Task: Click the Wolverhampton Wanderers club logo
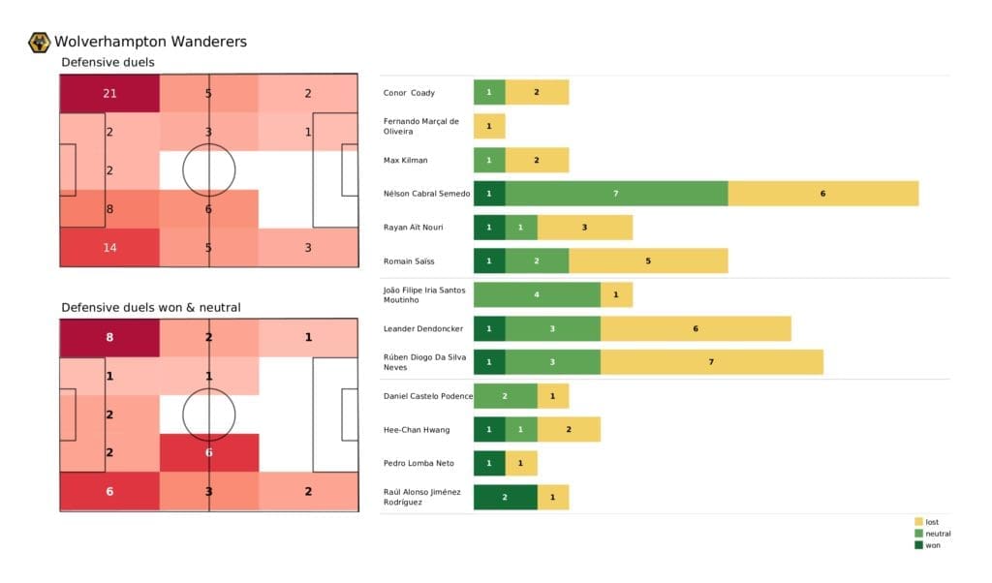point(40,42)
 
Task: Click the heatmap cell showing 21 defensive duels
point(108,93)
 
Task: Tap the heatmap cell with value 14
point(108,247)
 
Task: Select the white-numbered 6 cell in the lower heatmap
point(209,452)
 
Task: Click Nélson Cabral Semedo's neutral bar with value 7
point(616,194)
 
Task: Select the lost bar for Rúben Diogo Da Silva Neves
point(711,362)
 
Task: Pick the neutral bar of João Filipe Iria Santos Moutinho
point(537,295)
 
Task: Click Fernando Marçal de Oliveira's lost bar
point(489,127)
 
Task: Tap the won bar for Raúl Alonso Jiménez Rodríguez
point(505,497)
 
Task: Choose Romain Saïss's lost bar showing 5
point(647,261)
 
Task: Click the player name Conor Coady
point(409,93)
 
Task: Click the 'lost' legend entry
point(931,522)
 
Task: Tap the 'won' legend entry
point(930,545)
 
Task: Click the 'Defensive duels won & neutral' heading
point(151,308)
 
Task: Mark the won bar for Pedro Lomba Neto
point(489,463)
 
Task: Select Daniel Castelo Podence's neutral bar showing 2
point(505,396)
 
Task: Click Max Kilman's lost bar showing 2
point(537,160)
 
